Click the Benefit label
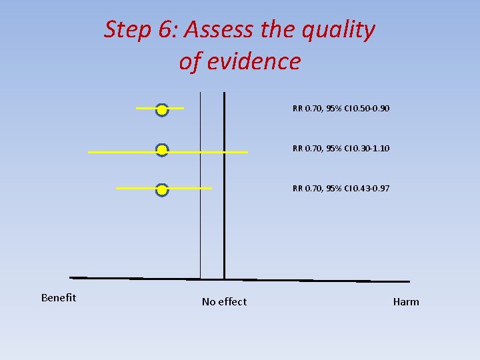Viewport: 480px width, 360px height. pyautogui.click(x=59, y=297)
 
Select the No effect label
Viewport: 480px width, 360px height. pyautogui.click(x=224, y=302)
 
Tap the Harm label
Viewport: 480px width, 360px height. pyautogui.click(x=406, y=302)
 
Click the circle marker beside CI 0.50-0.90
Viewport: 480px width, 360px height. pyautogui.click(x=161, y=110)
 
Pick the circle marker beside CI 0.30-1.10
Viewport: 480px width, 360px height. pyautogui.click(x=161, y=151)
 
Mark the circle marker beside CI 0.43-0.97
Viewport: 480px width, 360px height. pyautogui.click(x=161, y=191)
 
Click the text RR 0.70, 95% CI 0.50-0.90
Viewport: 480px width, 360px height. pyautogui.click(x=341, y=108)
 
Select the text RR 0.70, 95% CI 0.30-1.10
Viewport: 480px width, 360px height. pyautogui.click(x=341, y=148)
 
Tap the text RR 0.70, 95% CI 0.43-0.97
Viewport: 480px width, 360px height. pyautogui.click(x=341, y=189)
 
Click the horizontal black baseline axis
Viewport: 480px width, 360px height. pyautogui.click(x=300, y=280)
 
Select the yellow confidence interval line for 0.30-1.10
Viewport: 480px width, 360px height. pyautogui.click(x=213, y=153)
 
